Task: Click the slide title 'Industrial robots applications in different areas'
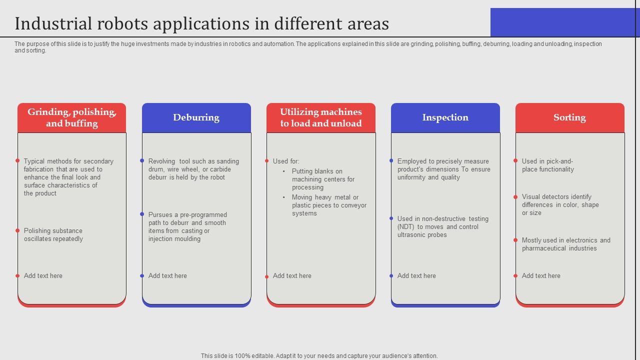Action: pos(201,23)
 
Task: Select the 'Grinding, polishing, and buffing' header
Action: pos(71,118)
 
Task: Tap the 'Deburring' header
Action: pos(196,117)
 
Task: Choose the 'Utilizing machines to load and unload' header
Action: pos(320,118)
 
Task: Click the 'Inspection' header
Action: pos(445,117)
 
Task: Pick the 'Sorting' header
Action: pos(569,117)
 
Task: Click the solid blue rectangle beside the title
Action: pos(564,22)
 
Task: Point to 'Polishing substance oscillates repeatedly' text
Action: pos(53,235)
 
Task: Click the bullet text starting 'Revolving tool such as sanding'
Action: pos(193,169)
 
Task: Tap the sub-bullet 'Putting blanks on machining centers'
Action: pos(323,179)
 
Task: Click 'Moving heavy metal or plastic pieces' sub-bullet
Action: pos(329,205)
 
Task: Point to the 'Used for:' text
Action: pos(286,161)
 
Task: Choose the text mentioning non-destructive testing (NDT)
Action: pos(442,226)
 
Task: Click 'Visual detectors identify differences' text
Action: pos(560,204)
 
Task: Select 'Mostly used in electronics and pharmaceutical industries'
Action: pos(566,244)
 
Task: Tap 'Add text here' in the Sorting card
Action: pos(541,275)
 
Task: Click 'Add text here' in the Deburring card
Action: pos(167,275)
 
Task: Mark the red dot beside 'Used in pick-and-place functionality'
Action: pos(515,161)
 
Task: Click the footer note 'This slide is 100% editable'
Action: pos(319,356)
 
